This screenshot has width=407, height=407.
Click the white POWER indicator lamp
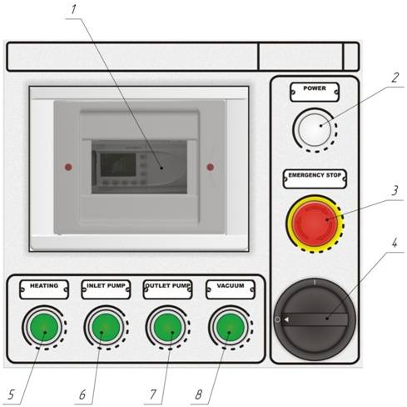315,129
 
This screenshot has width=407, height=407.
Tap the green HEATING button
44,327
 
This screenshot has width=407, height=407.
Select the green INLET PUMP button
106,327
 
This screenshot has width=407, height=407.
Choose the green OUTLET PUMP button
167,327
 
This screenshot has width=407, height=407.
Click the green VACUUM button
231,327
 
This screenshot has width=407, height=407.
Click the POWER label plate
315,92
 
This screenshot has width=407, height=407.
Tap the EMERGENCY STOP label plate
315,179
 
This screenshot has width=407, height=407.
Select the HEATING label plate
44,289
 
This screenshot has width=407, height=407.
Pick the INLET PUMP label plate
106,289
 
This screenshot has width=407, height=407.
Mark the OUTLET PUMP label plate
167,289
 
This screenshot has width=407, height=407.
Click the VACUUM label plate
231,289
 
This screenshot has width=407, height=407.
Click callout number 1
73,9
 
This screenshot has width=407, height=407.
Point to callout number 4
395,244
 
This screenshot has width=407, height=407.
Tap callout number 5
11,394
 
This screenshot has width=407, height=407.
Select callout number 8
199,394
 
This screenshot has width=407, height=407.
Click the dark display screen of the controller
118,164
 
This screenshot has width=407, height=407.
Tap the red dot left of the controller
68,167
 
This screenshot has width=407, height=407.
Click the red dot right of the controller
211,167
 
